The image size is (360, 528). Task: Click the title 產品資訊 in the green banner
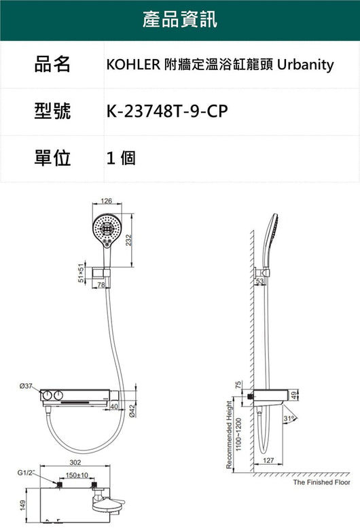click(180, 19)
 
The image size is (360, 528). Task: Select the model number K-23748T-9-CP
click(167, 111)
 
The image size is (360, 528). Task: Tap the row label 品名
click(52, 64)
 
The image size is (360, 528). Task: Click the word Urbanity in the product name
click(306, 65)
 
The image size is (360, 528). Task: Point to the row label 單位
click(52, 158)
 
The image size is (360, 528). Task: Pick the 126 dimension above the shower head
click(107, 201)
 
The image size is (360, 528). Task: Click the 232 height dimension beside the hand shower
click(128, 240)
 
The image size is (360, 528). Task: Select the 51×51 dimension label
click(81, 272)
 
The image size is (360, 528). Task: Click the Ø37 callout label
click(26, 386)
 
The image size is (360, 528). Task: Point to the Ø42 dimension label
click(132, 411)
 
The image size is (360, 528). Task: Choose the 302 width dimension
click(75, 462)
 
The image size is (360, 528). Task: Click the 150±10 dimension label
click(77, 475)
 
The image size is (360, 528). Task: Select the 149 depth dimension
click(22, 505)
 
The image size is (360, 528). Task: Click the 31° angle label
click(289, 419)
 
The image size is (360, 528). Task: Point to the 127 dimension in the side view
click(268, 460)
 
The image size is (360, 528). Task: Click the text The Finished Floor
click(322, 482)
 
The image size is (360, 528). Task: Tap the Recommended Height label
click(229, 434)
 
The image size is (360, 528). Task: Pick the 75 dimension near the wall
click(238, 385)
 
